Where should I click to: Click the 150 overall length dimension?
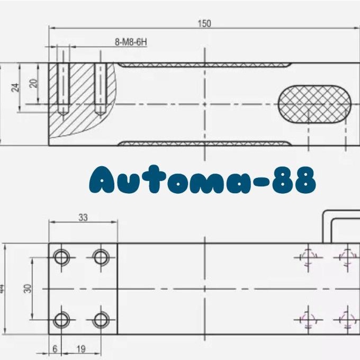click(x=204, y=23)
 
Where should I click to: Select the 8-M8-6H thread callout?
click(x=131, y=42)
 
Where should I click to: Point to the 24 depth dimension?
click(x=15, y=87)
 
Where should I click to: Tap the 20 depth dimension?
click(x=34, y=83)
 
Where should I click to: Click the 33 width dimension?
click(x=83, y=217)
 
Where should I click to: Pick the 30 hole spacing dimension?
click(x=28, y=289)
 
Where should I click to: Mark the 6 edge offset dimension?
click(x=55, y=349)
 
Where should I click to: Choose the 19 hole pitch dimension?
click(x=81, y=349)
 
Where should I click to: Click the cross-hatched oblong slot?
click(x=314, y=104)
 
